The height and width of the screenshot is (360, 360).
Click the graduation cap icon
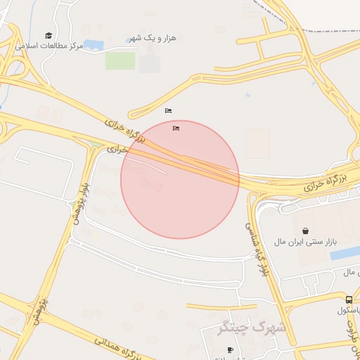click(49, 35)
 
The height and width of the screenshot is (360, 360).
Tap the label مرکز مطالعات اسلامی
click(49, 46)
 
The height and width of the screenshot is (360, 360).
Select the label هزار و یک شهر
click(153, 37)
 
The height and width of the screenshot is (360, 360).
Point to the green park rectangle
click(120, 60)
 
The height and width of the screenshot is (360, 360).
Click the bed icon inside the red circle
click(176, 128)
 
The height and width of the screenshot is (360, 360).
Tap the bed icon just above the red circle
click(168, 111)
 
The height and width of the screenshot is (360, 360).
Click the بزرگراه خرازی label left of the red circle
click(124, 131)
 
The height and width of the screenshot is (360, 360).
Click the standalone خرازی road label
click(117, 149)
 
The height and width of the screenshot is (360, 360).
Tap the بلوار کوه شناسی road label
click(257, 247)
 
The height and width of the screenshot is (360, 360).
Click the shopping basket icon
click(305, 231)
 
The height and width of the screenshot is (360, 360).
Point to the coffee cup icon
click(229, 350)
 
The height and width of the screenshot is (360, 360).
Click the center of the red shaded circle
click(180, 179)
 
